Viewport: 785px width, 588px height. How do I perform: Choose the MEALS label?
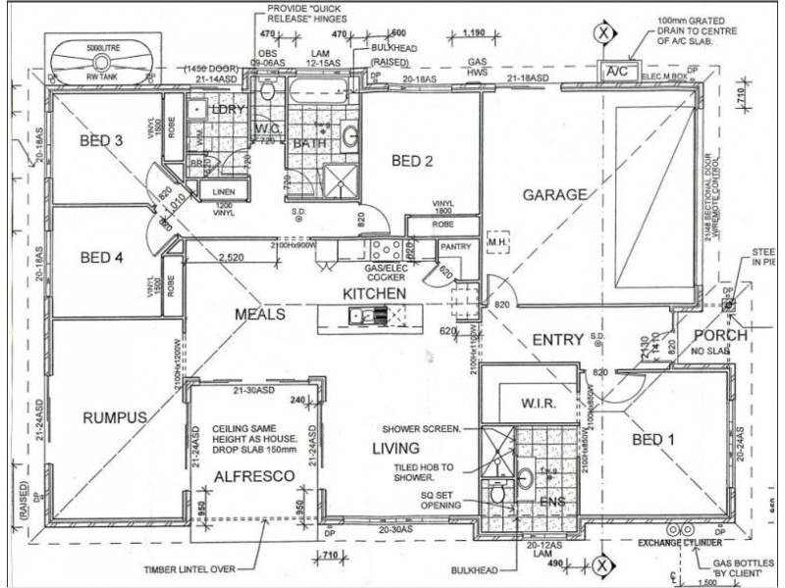point(259,315)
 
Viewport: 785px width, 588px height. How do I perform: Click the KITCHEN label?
point(374,293)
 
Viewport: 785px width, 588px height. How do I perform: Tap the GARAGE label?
point(554,194)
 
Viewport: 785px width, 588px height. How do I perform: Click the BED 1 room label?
point(653,439)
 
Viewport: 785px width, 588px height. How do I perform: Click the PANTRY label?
point(456,247)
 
